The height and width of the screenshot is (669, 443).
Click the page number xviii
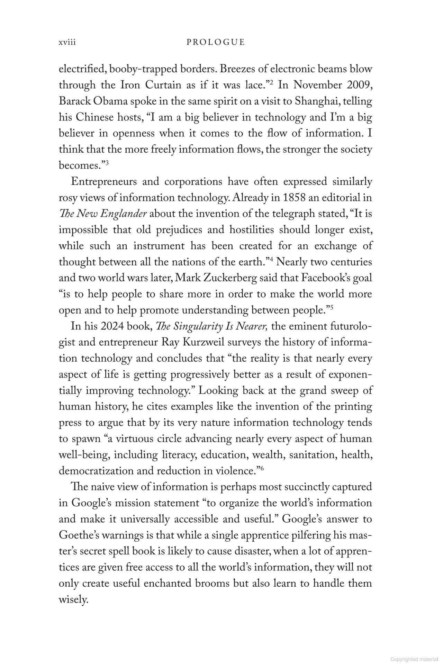(67, 42)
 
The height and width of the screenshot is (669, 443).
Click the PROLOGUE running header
(215, 42)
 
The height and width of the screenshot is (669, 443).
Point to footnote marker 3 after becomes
(107, 163)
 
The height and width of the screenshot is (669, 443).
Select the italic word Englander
(124, 214)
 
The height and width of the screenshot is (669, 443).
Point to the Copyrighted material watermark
(414, 659)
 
